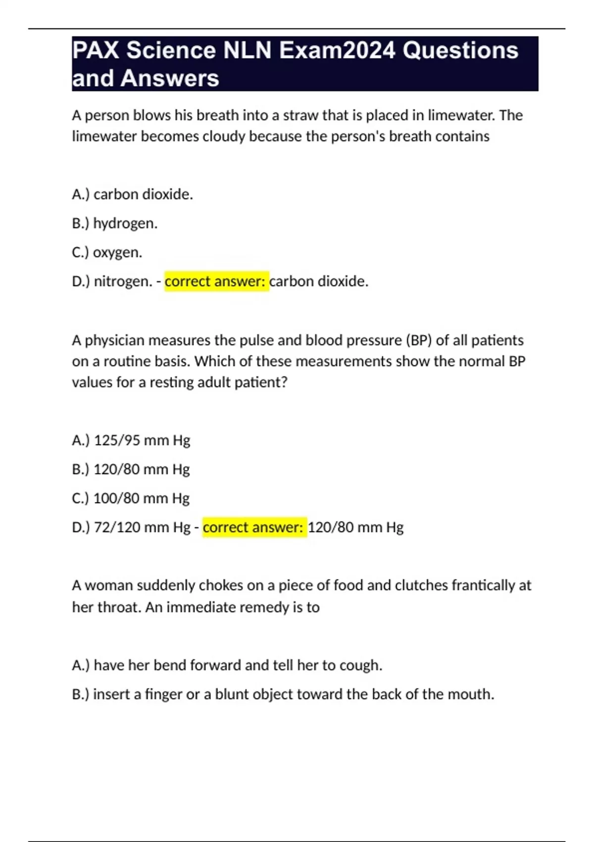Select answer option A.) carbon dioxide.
[132, 194]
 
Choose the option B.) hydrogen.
[114, 223]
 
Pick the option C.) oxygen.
[107, 253]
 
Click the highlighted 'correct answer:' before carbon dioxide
[216, 281]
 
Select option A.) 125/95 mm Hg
[131, 440]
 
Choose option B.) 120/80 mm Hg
[131, 469]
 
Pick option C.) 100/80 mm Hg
[131, 498]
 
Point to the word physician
[115, 340]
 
